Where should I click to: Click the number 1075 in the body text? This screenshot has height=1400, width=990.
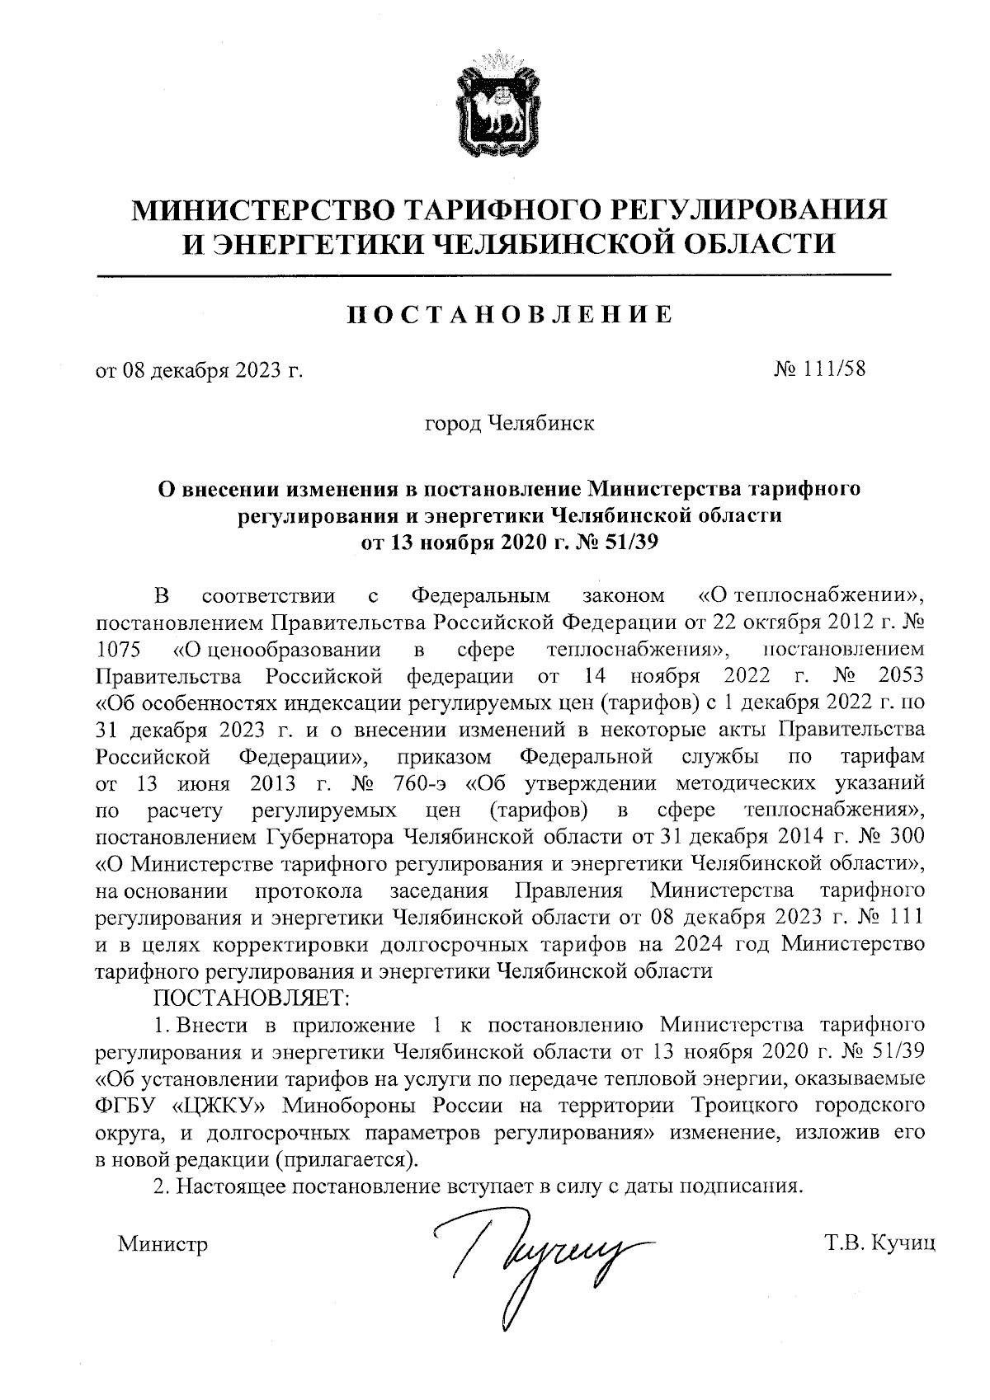pyautogui.click(x=119, y=650)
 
